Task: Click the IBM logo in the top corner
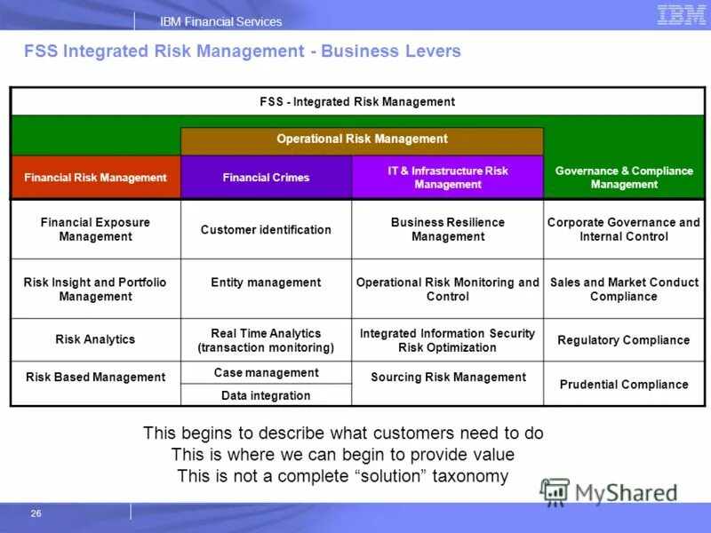click(x=682, y=14)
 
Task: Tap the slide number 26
click(x=36, y=513)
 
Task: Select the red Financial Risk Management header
click(x=95, y=178)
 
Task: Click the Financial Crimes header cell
click(x=266, y=178)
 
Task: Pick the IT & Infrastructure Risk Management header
click(x=447, y=178)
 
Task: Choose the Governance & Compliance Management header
click(x=624, y=178)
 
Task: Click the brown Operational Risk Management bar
click(x=362, y=139)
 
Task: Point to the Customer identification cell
click(x=266, y=230)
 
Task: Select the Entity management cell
click(x=266, y=282)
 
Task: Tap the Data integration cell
click(x=266, y=395)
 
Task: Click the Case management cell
click(x=266, y=373)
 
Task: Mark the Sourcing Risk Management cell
click(x=448, y=378)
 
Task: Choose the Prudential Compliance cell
click(x=624, y=385)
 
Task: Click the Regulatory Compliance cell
click(x=624, y=340)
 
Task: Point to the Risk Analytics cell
click(x=95, y=339)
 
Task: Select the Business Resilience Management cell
click(x=448, y=229)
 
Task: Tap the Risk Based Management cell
click(x=95, y=378)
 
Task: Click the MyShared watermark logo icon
click(x=555, y=491)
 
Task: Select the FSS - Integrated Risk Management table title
click(x=357, y=102)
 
